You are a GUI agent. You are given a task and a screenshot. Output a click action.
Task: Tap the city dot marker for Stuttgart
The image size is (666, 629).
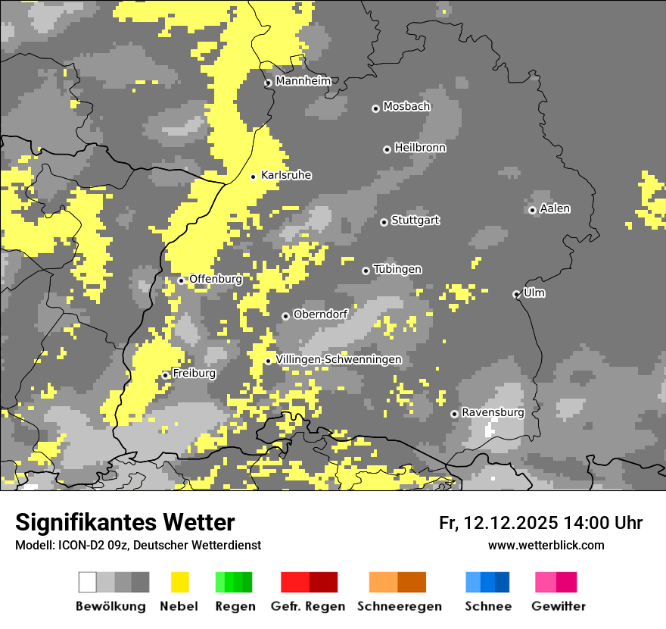click(x=384, y=222)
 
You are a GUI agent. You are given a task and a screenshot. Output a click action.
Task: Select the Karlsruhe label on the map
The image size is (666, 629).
click(x=286, y=175)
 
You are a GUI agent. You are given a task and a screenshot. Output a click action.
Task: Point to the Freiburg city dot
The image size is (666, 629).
click(x=165, y=375)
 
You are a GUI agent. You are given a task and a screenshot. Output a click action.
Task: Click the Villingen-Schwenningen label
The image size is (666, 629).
click(x=338, y=359)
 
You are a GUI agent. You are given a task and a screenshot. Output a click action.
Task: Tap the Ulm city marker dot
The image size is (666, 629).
click(x=516, y=294)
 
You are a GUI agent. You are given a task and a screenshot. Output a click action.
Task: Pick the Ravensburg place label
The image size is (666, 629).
click(x=493, y=412)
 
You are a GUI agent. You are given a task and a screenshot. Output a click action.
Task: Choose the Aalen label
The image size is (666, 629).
click(x=555, y=208)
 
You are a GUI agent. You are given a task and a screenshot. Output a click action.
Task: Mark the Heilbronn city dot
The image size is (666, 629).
click(x=387, y=149)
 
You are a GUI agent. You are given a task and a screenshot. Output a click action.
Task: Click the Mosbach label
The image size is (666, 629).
click(x=406, y=107)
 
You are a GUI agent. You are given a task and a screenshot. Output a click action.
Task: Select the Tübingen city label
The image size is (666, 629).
click(x=397, y=269)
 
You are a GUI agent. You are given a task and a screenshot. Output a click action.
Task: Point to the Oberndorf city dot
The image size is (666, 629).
click(x=285, y=316)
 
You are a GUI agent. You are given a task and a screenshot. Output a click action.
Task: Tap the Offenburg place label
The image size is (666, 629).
click(x=216, y=279)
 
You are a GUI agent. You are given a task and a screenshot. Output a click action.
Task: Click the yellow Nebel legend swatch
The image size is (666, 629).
click(x=180, y=582)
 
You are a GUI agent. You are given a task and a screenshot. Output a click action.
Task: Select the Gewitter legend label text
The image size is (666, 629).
click(x=559, y=606)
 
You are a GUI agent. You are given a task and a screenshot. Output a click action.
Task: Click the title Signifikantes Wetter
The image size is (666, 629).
click(x=125, y=522)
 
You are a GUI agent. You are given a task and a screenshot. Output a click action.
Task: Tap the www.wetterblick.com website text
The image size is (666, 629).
click(x=546, y=545)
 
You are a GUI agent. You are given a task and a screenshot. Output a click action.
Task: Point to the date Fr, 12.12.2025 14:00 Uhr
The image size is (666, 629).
click(x=540, y=523)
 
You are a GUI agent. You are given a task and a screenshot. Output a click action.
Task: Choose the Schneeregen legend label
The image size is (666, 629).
click(x=399, y=606)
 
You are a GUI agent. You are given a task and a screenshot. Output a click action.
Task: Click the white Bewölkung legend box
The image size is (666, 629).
click(x=88, y=582)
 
